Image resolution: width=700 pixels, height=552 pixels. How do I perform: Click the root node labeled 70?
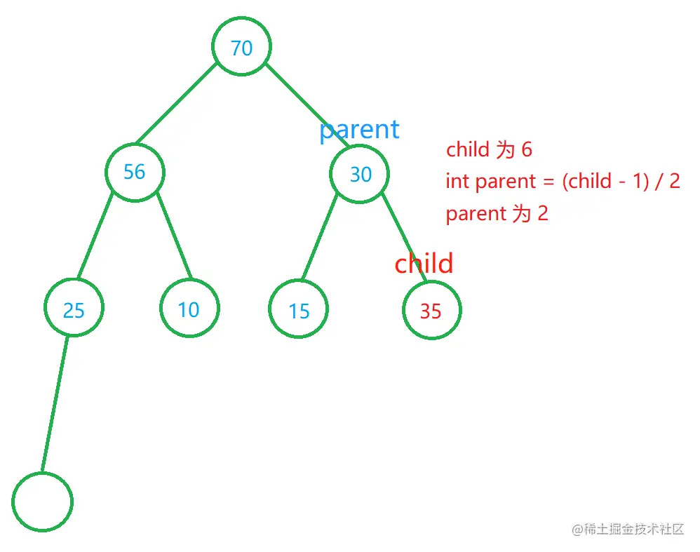point(241,46)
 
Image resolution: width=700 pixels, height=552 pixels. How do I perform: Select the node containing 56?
point(135,173)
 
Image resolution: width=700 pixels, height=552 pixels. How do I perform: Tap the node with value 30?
point(359,174)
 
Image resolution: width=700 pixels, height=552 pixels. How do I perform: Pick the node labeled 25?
point(74,308)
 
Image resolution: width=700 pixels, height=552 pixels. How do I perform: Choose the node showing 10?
point(190,308)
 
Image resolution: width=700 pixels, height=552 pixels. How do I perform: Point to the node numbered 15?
point(298,309)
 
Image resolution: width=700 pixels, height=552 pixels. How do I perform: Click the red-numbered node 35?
point(431,310)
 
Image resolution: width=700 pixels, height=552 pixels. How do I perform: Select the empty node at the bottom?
point(42,501)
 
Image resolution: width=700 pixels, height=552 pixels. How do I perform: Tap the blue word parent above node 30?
point(359,130)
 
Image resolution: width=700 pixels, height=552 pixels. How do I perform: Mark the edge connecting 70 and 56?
point(176,104)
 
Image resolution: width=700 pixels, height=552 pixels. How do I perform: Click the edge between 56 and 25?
point(95,236)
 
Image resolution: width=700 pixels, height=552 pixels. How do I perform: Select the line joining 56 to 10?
point(175,236)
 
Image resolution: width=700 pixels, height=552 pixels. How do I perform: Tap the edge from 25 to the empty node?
point(55,404)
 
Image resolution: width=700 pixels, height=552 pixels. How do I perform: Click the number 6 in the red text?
point(527,149)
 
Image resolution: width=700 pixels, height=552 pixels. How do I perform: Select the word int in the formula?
point(457,182)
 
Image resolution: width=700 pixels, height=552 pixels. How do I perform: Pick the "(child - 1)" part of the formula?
point(605,182)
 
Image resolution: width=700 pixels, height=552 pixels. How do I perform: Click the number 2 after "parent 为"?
point(543,213)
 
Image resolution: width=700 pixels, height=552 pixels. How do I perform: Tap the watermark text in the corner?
point(628,530)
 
